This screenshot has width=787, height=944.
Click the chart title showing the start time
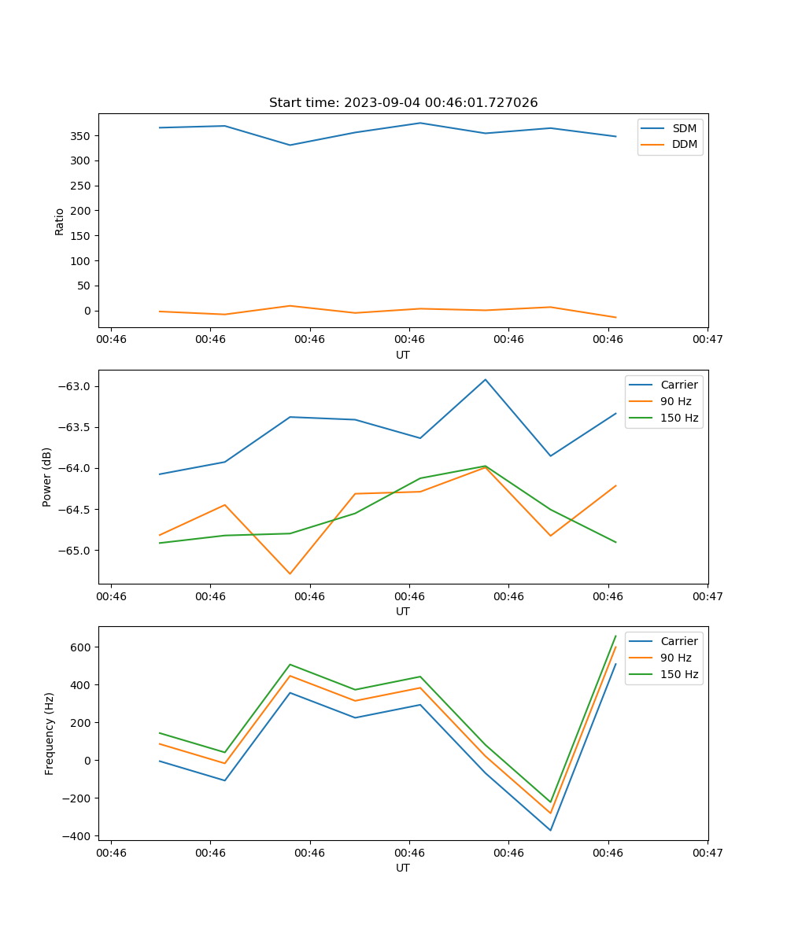pos(403,103)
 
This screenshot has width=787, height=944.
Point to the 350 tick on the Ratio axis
pos(81,136)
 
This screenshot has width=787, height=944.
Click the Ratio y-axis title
pos(60,221)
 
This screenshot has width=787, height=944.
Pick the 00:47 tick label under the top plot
pos(707,340)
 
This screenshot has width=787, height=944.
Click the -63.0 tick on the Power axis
pos(76,386)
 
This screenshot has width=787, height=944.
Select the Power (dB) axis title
pos(47,477)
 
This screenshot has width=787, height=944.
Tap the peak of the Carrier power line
pos(486,379)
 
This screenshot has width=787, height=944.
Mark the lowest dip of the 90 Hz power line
pos(290,573)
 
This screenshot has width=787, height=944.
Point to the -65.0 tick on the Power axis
pos(76,550)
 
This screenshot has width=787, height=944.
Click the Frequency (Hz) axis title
pos(49,733)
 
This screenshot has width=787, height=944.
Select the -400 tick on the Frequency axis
pos(78,835)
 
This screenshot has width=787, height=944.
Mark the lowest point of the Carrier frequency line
pos(550,830)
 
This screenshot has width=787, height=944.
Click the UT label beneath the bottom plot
pos(403,868)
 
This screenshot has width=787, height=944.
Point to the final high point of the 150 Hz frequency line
pos(615,636)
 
